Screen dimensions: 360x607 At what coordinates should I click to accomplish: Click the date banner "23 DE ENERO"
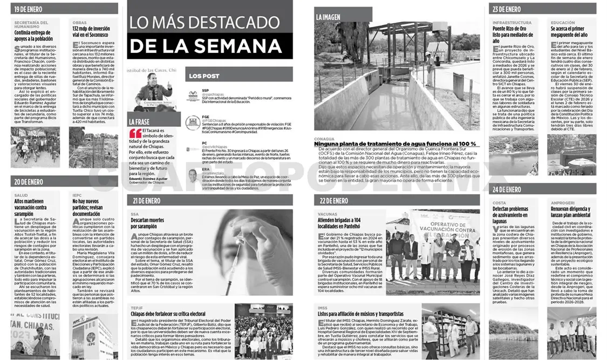[507, 9]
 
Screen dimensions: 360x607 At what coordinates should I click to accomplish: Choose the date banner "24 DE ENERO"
[507, 189]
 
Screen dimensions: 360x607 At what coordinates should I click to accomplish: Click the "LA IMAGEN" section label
[328, 17]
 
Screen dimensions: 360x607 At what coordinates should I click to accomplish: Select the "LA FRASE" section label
[139, 122]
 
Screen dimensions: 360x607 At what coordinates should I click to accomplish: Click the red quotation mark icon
[135, 133]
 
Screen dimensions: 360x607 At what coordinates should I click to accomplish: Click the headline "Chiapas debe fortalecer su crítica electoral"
[168, 313]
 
